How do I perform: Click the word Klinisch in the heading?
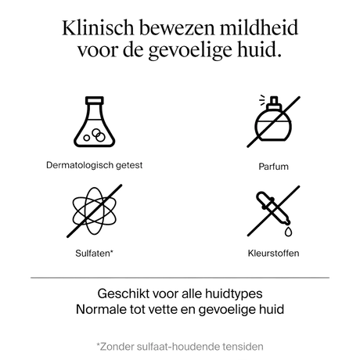[98, 27]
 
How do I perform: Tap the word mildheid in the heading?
[259, 27]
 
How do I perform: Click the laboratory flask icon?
[95, 121]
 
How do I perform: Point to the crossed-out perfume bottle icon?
[273, 121]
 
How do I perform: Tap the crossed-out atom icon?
[95, 211]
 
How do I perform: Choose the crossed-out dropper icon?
[273, 211]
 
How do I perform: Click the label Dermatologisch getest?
[94, 165]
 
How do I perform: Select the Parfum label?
[273, 167]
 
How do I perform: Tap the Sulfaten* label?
[94, 253]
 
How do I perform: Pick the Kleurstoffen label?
[273, 253]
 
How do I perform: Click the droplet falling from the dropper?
[288, 232]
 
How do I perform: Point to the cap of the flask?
[95, 100]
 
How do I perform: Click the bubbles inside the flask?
[95, 135]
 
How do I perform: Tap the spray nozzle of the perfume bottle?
[273, 101]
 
